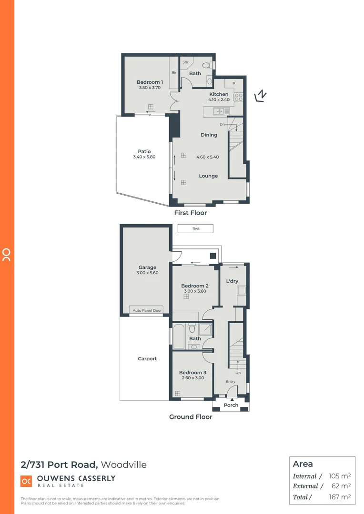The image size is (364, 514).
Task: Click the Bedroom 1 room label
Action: click(150, 82)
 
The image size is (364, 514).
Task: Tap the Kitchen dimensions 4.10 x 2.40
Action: click(219, 100)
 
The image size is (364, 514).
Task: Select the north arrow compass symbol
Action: click(260, 96)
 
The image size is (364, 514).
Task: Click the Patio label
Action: click(144, 151)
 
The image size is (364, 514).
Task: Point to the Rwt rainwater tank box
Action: click(195, 228)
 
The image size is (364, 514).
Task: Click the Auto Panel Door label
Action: click(147, 310)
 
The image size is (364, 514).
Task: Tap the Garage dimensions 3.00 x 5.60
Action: click(147, 273)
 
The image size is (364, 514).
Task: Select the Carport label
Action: click(147, 359)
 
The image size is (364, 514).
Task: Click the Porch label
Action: click(231, 405)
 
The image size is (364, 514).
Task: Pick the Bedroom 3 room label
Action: click(192, 372)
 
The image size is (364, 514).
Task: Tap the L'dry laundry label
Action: click(232, 281)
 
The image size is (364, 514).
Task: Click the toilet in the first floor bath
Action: click(207, 66)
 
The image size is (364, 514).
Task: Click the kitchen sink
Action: click(219, 111)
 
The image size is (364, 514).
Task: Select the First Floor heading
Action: click(191, 213)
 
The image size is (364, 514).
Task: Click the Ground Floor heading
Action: click(191, 416)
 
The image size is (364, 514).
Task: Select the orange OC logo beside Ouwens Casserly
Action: click(26, 481)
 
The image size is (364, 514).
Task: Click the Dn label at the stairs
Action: click(222, 124)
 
